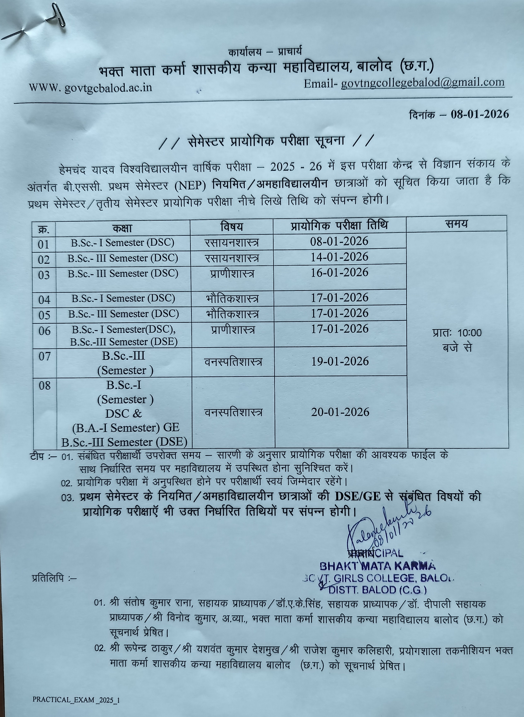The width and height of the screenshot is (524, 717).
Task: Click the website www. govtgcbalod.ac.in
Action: (x=90, y=87)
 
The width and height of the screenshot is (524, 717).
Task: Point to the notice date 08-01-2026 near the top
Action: (x=480, y=114)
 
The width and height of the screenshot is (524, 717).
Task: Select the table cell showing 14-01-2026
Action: (x=339, y=257)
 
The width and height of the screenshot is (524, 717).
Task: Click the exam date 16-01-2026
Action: (x=339, y=272)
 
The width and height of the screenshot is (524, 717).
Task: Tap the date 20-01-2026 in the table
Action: (x=340, y=412)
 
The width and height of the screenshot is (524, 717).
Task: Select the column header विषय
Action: (x=232, y=226)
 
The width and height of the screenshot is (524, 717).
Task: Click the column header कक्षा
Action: (x=122, y=228)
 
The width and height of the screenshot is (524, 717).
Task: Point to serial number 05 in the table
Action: (x=44, y=315)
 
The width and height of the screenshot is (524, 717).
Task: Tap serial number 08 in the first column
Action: (x=44, y=386)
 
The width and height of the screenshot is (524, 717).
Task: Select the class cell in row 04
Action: (x=123, y=298)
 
